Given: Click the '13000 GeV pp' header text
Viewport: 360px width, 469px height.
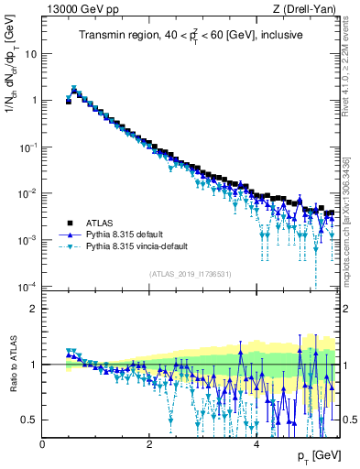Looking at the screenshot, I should [79, 9].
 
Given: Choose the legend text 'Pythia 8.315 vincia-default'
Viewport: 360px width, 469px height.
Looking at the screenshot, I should [141, 246].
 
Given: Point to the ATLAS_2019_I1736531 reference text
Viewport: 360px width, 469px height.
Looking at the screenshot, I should [189, 273].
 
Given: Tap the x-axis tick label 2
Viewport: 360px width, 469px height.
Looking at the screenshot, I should [149, 443].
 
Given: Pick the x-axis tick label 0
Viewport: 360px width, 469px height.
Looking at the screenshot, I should [43, 443].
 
